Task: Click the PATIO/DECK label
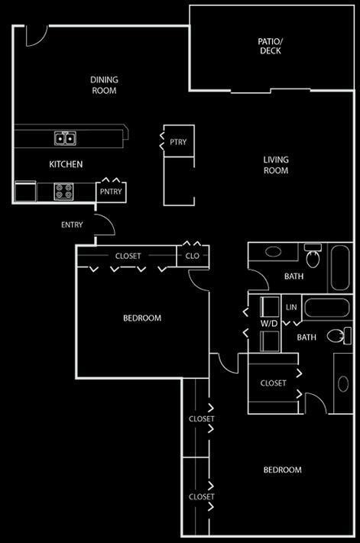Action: pyautogui.click(x=271, y=46)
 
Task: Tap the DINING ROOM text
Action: pyautogui.click(x=104, y=86)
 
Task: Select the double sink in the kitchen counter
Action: pyautogui.click(x=65, y=138)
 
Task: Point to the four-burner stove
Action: pyautogui.click(x=63, y=192)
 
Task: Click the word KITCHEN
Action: pyautogui.click(x=66, y=164)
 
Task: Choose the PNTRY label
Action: pyautogui.click(x=111, y=192)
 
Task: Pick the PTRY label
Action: pyautogui.click(x=178, y=142)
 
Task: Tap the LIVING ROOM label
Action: pyautogui.click(x=276, y=165)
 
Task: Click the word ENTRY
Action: pyautogui.click(x=72, y=225)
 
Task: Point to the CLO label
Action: pyautogui.click(x=193, y=256)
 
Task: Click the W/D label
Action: pyautogui.click(x=269, y=324)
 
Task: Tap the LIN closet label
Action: pyautogui.click(x=291, y=307)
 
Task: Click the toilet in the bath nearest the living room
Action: pyautogui.click(x=313, y=257)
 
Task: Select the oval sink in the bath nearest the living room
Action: pyautogui.click(x=274, y=251)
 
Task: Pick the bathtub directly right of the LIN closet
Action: pyautogui.click(x=326, y=308)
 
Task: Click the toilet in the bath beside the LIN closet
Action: pyautogui.click(x=339, y=335)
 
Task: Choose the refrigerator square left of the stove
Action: pyautogui.click(x=26, y=192)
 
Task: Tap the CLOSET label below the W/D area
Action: pyautogui.click(x=274, y=383)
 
